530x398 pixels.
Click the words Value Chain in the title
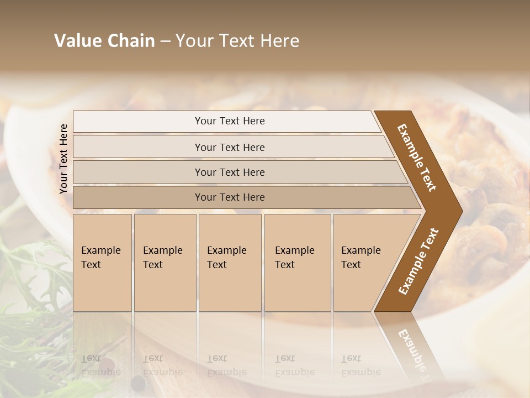click(104, 41)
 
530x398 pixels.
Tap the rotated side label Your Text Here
click(63, 159)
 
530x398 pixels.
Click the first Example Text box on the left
click(102, 263)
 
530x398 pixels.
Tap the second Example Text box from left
click(165, 263)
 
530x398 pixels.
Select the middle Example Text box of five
click(230, 263)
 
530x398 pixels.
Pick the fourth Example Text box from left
click(298, 263)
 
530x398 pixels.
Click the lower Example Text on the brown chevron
click(418, 261)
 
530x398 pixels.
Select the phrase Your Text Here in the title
click(237, 41)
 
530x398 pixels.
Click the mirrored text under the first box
click(100, 365)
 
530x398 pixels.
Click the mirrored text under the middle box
click(226, 365)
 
